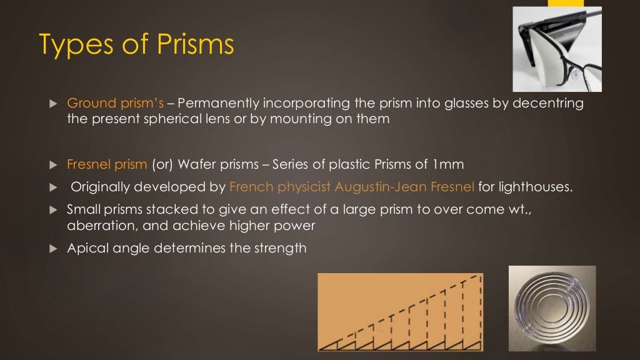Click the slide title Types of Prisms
(x=136, y=45)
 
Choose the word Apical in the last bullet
(x=87, y=248)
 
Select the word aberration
(x=96, y=226)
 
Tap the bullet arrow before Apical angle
(x=52, y=249)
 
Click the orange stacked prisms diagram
(x=401, y=312)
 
